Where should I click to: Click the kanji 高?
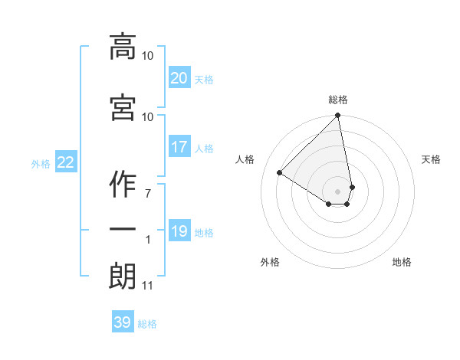tap(122, 47)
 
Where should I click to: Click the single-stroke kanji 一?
tap(122, 231)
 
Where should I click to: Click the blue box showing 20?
tap(179, 78)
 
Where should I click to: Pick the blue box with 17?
tap(179, 147)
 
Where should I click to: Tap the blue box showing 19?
tap(179, 231)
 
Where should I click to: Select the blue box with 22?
tap(65, 162)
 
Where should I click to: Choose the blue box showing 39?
tap(122, 322)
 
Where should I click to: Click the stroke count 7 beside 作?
tap(148, 194)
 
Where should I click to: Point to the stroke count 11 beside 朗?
tap(147, 286)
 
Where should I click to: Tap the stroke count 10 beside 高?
tap(147, 56)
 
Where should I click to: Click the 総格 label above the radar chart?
tap(338, 100)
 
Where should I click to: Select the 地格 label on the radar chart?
tap(402, 262)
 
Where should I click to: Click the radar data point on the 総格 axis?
tap(338, 116)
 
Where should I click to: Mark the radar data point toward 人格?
tap(280, 173)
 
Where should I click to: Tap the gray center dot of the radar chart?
tap(338, 191)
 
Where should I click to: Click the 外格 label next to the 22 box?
tap(41, 163)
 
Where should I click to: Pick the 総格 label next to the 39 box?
tap(147, 324)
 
